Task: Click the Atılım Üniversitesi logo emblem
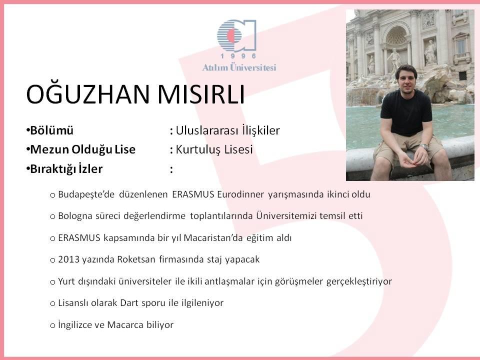click(236, 35)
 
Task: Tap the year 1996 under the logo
click(238, 56)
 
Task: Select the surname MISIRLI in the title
click(201, 94)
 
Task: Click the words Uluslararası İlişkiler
click(228, 130)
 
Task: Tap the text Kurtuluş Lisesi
click(214, 149)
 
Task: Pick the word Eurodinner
click(240, 194)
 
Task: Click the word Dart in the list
click(130, 303)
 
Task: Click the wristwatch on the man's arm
click(424, 146)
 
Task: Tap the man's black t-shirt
click(406, 113)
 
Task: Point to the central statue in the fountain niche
click(394, 59)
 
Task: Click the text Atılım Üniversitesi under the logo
click(239, 67)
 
